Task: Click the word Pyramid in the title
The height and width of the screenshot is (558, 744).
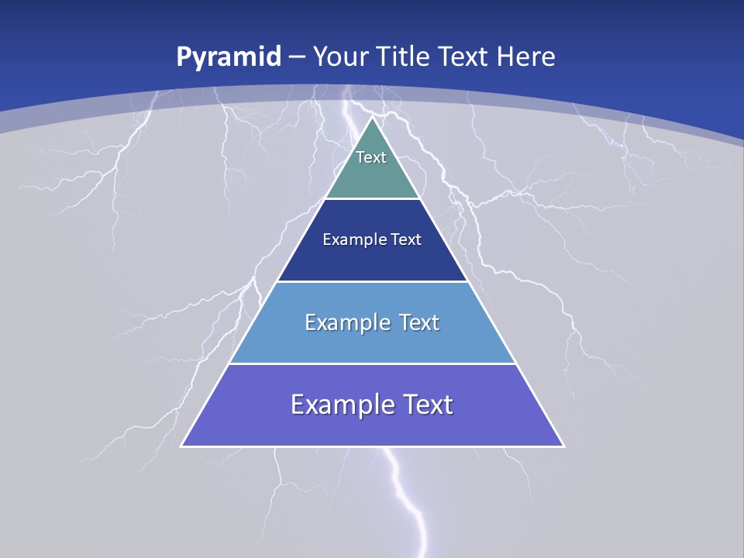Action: point(229,57)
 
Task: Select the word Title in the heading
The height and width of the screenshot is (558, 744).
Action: point(403,57)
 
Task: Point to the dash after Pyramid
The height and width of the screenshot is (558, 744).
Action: point(297,57)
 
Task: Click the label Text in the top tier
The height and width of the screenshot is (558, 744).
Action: point(371,157)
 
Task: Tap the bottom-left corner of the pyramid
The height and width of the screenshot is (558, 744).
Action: point(182,446)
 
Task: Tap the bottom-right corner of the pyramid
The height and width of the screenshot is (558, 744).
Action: point(563,446)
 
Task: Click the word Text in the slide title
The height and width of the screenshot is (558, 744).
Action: point(464,57)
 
